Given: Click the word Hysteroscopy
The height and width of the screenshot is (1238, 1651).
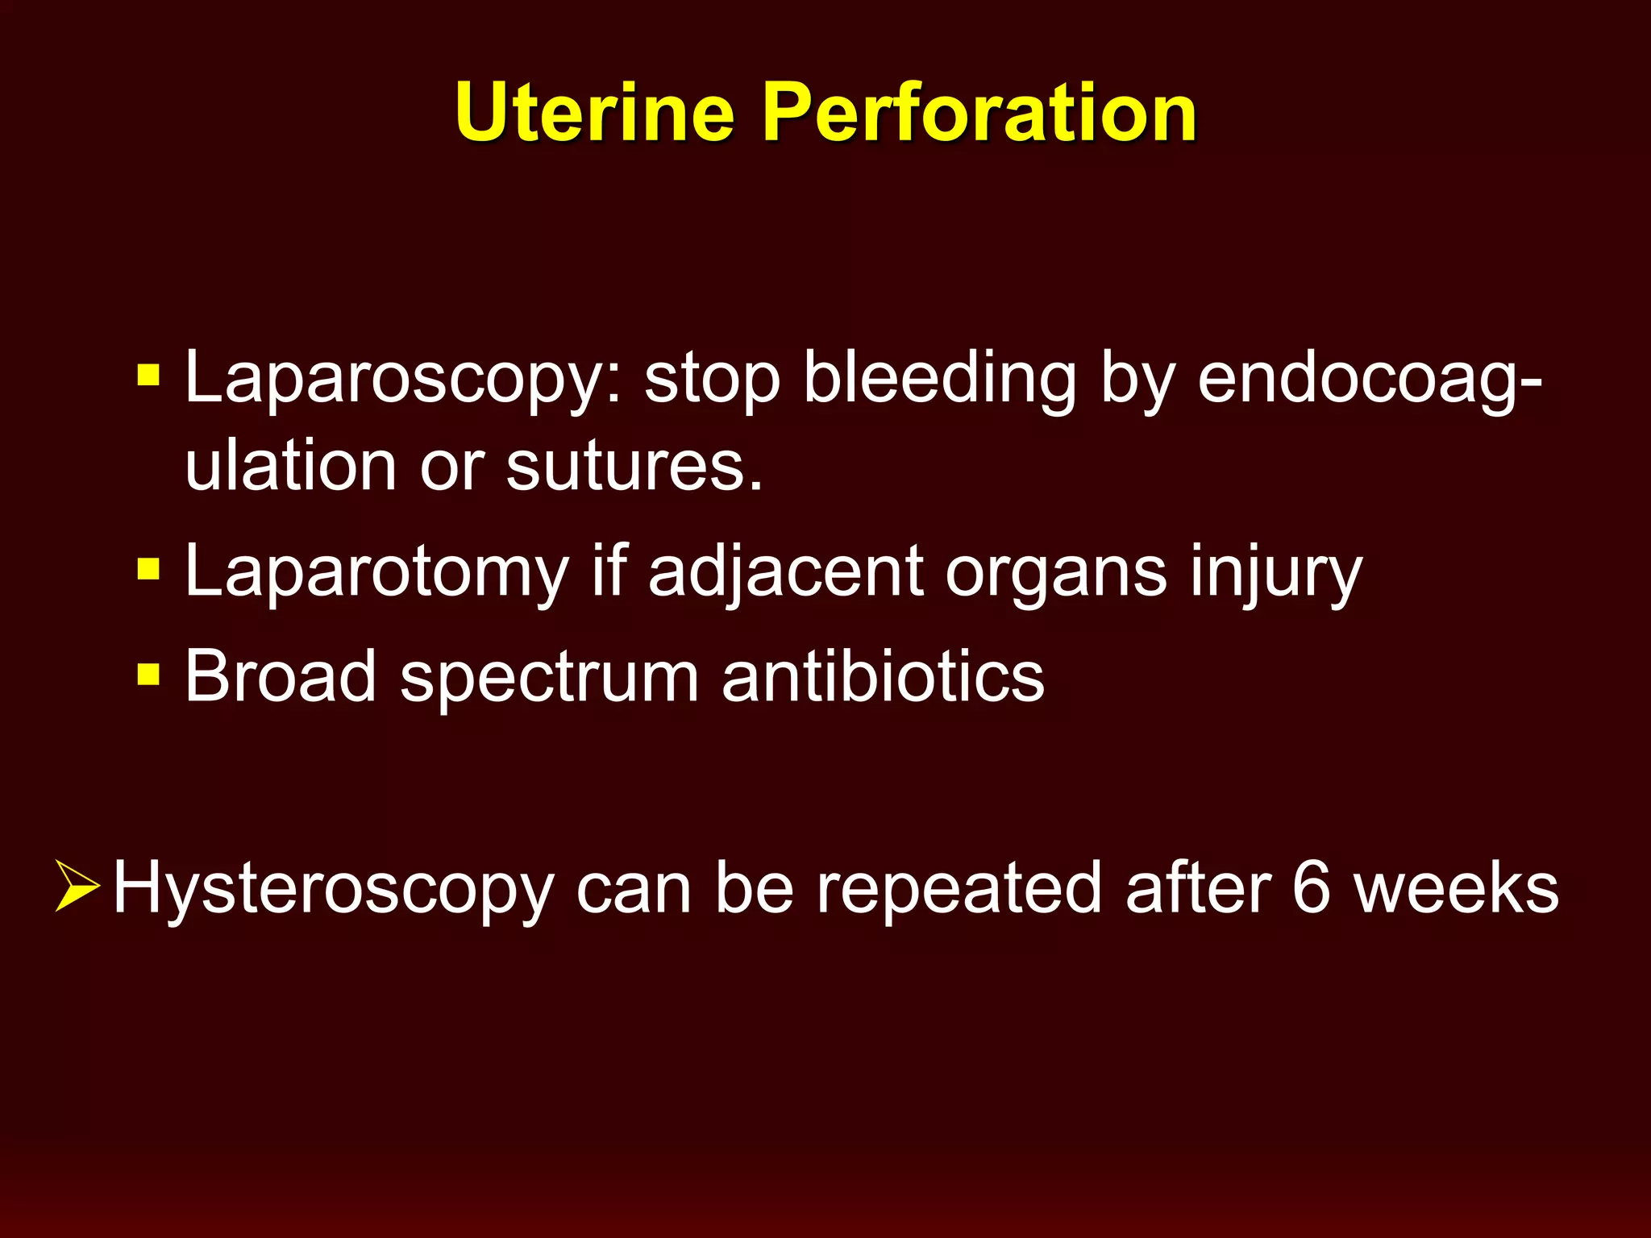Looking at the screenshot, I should tap(333, 890).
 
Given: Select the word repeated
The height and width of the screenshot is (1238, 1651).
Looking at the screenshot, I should tap(959, 888).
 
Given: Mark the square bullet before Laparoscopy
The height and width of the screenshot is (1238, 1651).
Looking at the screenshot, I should tap(148, 375).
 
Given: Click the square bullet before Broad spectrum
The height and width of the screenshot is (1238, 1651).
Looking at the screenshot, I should tap(148, 674).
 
